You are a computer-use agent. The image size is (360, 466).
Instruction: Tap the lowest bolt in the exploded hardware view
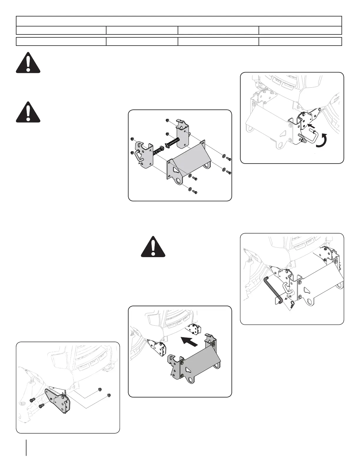(194, 192)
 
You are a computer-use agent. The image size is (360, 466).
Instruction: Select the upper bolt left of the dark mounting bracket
(33, 399)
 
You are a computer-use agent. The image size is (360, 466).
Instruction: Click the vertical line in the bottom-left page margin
(26, 447)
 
